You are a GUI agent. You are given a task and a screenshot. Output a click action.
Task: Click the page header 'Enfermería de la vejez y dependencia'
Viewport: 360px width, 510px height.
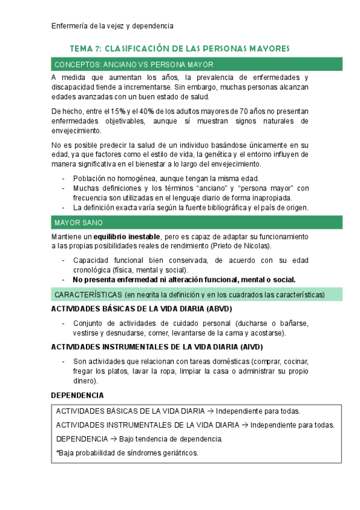[112, 26]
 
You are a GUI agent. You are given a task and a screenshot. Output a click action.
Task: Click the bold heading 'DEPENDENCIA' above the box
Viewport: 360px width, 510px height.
[78, 395]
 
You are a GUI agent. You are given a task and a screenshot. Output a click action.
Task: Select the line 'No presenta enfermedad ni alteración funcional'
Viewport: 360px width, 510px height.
[183, 279]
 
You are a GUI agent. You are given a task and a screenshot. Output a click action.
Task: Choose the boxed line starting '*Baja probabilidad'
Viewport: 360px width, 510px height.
[127, 453]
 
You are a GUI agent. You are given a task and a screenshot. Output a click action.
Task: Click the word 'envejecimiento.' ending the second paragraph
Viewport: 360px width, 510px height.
[77, 131]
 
